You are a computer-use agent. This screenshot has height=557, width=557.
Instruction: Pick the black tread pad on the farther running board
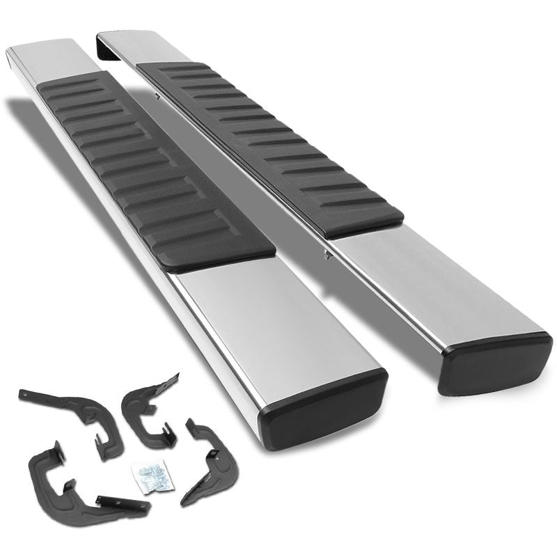pos(272,146)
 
